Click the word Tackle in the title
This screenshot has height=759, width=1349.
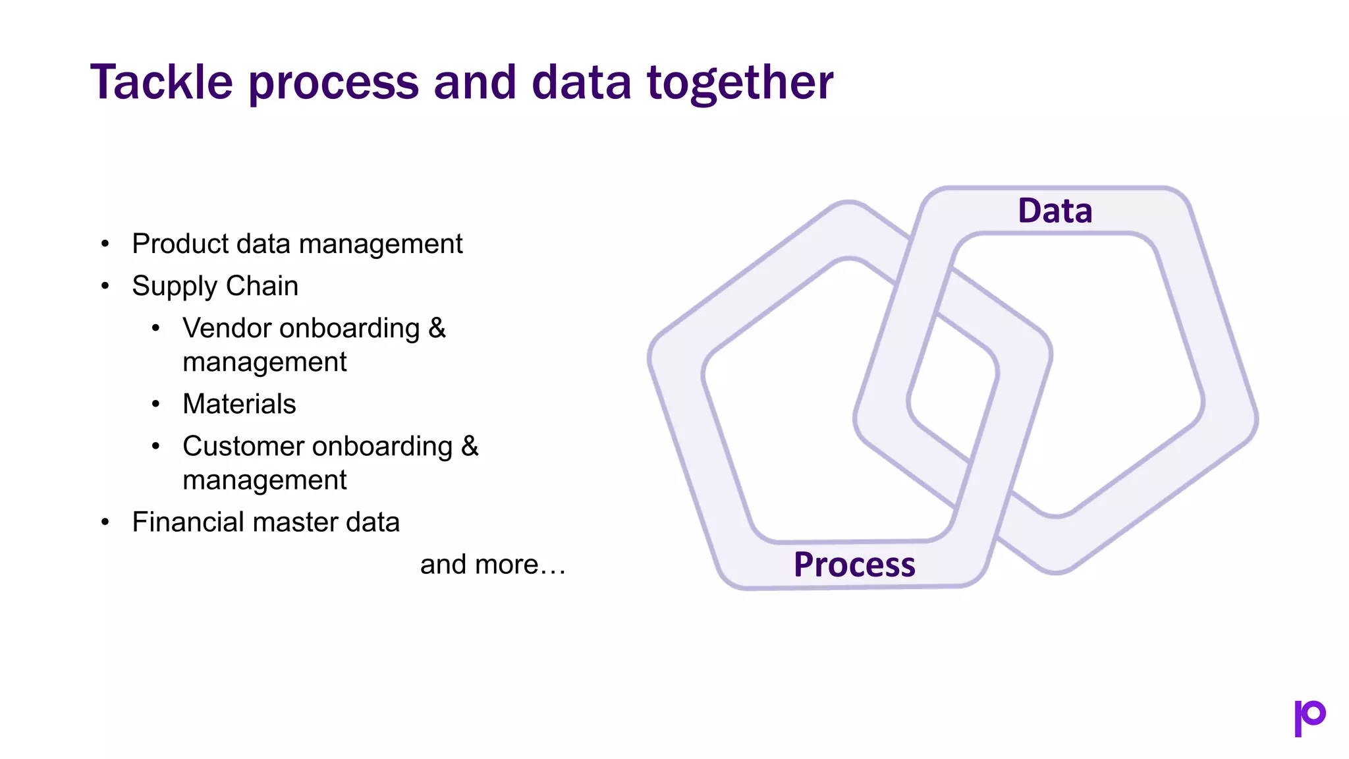pyautogui.click(x=161, y=82)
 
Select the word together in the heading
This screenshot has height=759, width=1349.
pyautogui.click(x=740, y=82)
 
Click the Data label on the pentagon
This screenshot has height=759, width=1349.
pyautogui.click(x=1055, y=211)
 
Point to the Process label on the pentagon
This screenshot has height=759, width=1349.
pyautogui.click(x=854, y=565)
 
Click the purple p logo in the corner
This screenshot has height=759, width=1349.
pyautogui.click(x=1309, y=717)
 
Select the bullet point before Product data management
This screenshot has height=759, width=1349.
pyautogui.click(x=105, y=244)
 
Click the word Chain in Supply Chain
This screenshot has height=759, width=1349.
pyautogui.click(x=262, y=286)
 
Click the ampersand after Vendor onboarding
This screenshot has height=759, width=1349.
pyautogui.click(x=437, y=328)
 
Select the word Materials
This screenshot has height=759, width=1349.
pyautogui.click(x=239, y=404)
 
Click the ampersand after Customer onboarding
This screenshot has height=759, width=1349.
pyautogui.click(x=470, y=446)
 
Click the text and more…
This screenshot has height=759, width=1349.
pyautogui.click(x=493, y=565)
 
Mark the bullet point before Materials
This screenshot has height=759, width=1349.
pyautogui.click(x=156, y=404)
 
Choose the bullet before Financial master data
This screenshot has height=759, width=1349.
pyautogui.click(x=105, y=522)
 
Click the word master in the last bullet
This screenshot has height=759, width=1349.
pyautogui.click(x=299, y=522)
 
